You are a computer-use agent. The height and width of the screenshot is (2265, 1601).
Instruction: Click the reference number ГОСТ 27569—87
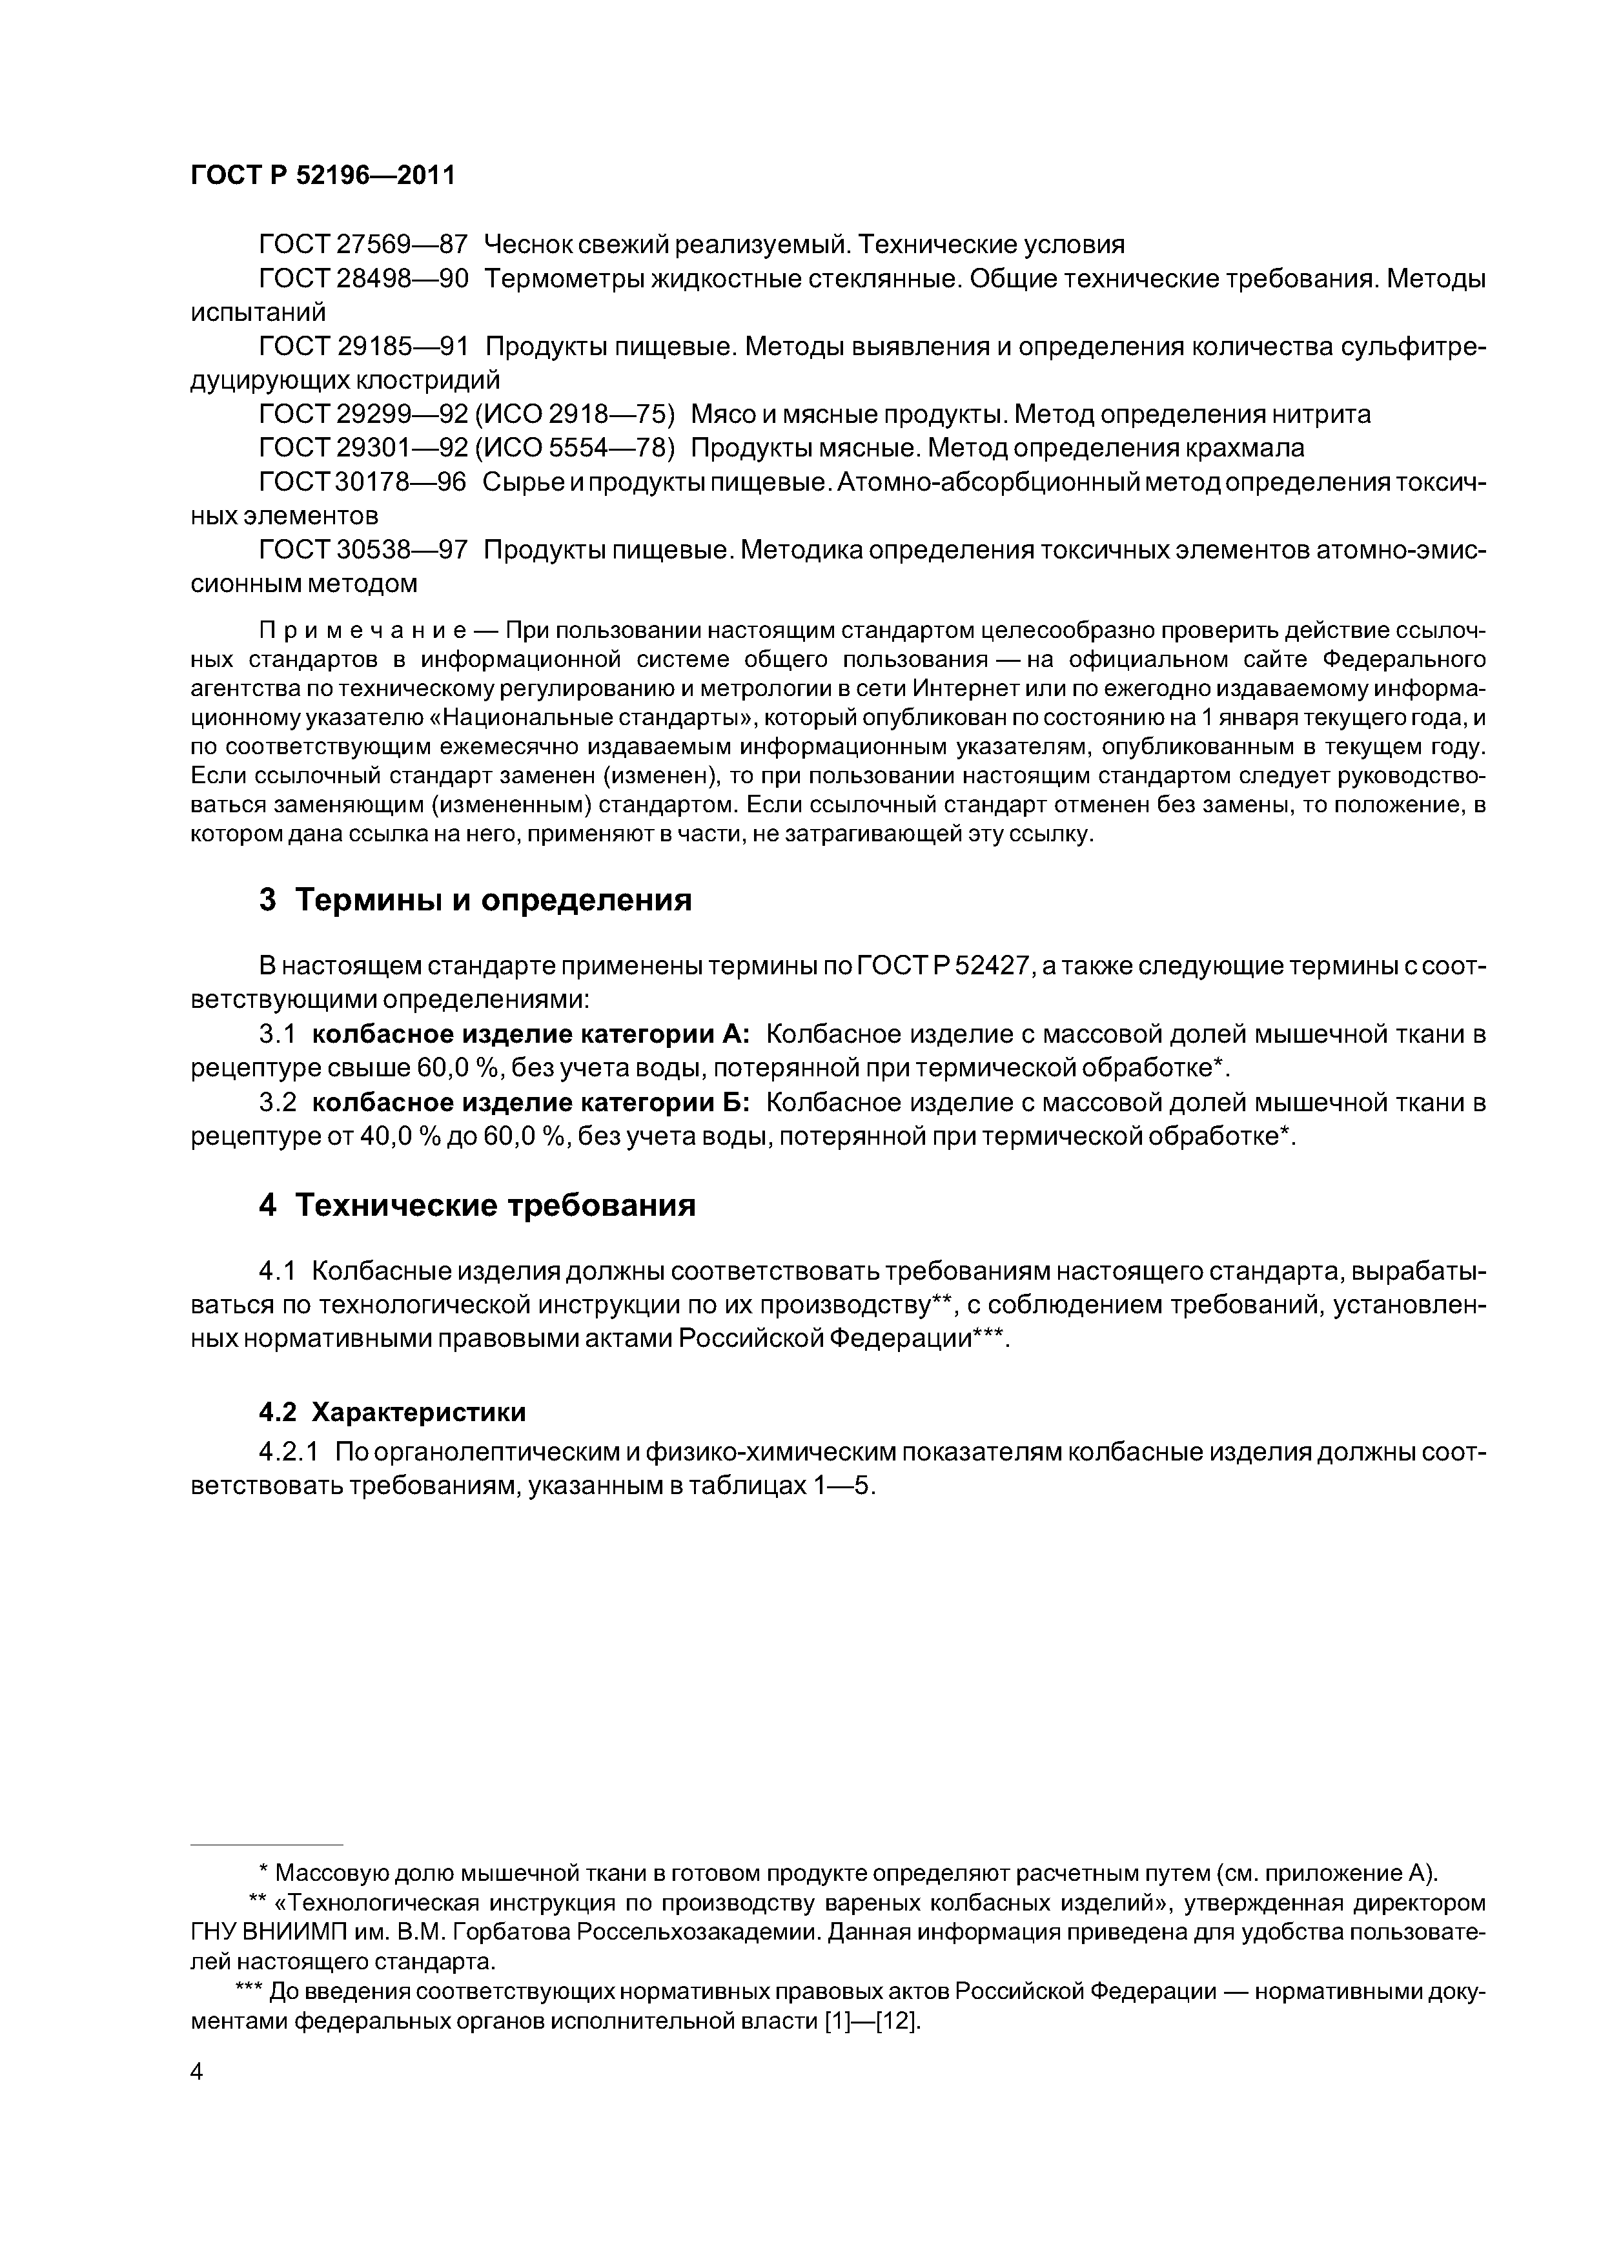coord(362,245)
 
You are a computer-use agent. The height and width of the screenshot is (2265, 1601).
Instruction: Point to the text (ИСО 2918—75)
coord(575,415)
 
